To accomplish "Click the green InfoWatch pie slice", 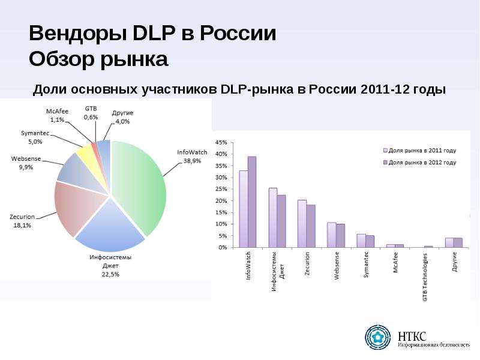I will click(x=141, y=186).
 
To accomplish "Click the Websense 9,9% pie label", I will click(x=26, y=163).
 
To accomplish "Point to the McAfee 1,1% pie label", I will click(x=58, y=116).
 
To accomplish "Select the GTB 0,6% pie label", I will click(x=91, y=113).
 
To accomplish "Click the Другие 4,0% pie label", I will click(x=122, y=117).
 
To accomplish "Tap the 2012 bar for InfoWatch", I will click(x=252, y=202).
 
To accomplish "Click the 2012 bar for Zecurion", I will click(x=311, y=226).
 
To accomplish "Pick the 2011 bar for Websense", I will click(x=331, y=235).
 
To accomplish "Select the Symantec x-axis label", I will click(x=367, y=264).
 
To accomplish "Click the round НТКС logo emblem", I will click(x=378, y=337).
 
